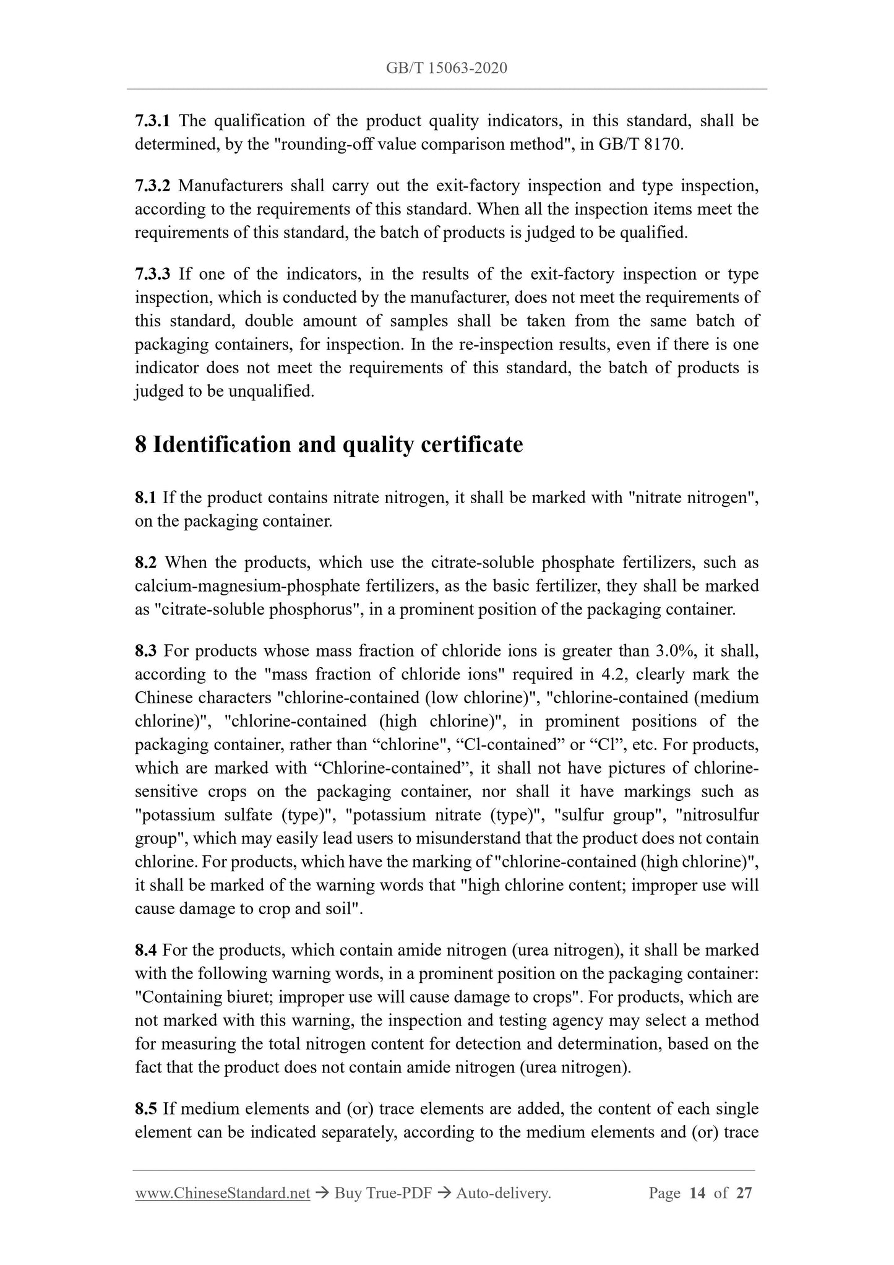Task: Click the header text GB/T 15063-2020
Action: click(x=446, y=68)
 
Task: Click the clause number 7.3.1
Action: click(x=152, y=121)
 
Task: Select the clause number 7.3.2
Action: click(x=152, y=186)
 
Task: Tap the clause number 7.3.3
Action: click(x=152, y=274)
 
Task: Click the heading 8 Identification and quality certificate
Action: click(x=329, y=444)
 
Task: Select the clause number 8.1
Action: click(x=146, y=498)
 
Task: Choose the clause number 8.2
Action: click(x=146, y=563)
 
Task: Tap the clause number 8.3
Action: click(x=146, y=651)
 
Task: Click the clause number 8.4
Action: click(x=146, y=950)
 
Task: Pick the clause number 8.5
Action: click(x=146, y=1108)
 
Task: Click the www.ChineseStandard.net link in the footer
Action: click(x=222, y=1194)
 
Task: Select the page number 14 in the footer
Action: click(x=697, y=1194)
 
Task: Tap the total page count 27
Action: click(x=744, y=1194)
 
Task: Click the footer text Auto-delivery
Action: click(x=503, y=1194)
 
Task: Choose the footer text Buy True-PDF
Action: click(x=382, y=1194)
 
